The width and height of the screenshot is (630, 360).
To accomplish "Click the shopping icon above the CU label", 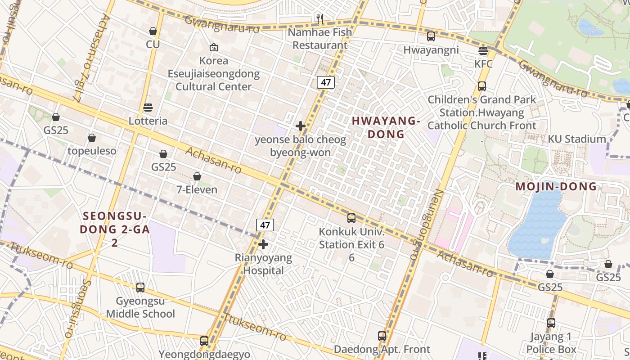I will coord(153,31).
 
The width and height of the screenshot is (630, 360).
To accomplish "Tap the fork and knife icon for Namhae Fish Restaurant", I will coord(320,18).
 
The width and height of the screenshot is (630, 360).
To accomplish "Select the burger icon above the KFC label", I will coord(483,50).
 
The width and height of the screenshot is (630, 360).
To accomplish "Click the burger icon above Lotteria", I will coord(148,108).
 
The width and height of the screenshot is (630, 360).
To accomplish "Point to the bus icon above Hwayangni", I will coord(431,36).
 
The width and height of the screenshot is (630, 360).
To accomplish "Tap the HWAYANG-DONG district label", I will coord(386,127).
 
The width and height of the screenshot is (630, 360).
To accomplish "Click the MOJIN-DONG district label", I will coord(556,186).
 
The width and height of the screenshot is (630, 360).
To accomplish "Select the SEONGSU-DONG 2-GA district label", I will coord(115,229).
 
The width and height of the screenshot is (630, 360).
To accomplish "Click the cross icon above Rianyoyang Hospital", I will coord(263,245).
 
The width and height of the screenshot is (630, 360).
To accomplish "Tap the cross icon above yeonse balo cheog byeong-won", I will coord(301,126).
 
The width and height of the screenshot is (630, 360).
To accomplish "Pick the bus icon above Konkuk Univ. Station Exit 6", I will coord(351,218).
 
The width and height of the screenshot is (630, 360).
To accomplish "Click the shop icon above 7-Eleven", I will coord(197,176).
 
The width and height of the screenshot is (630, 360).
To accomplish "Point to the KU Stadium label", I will coord(576,139).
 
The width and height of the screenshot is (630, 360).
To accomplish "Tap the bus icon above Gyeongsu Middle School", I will coord(140,288).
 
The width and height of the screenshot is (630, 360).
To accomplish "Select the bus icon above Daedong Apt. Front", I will coord(382,336).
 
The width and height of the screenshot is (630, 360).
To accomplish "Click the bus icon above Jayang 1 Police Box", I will coord(551,323).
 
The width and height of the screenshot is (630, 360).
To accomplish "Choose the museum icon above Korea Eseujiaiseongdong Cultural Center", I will coord(214,47).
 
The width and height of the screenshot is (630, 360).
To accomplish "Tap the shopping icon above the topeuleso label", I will coord(92,138).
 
